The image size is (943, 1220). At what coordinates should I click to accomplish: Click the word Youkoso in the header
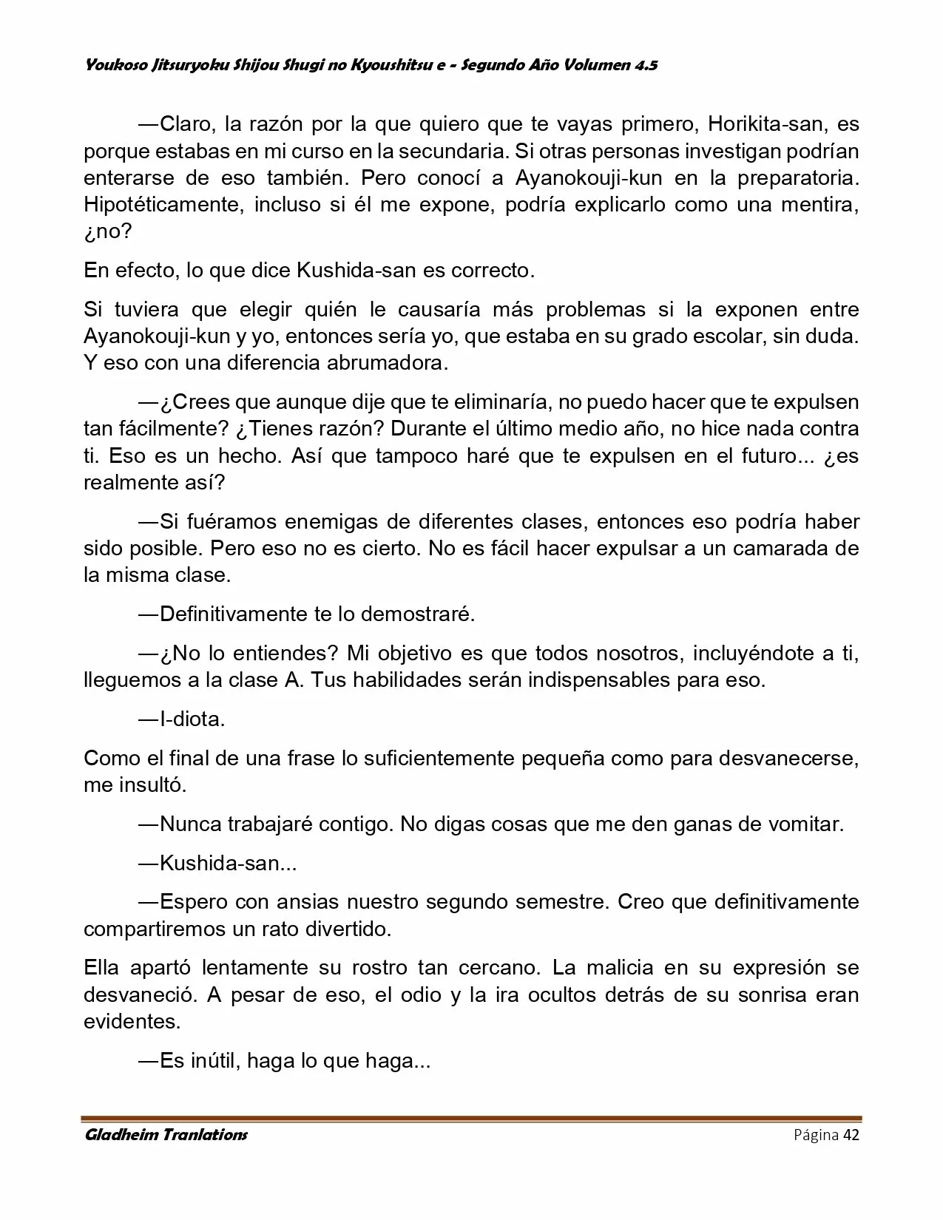click(x=109, y=65)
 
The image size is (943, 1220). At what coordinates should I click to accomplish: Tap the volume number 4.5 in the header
click(x=645, y=65)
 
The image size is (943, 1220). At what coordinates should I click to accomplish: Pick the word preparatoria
click(x=801, y=178)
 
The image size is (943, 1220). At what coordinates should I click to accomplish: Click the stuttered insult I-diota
click(x=192, y=719)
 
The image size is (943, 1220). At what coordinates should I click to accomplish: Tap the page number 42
click(x=851, y=1135)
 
